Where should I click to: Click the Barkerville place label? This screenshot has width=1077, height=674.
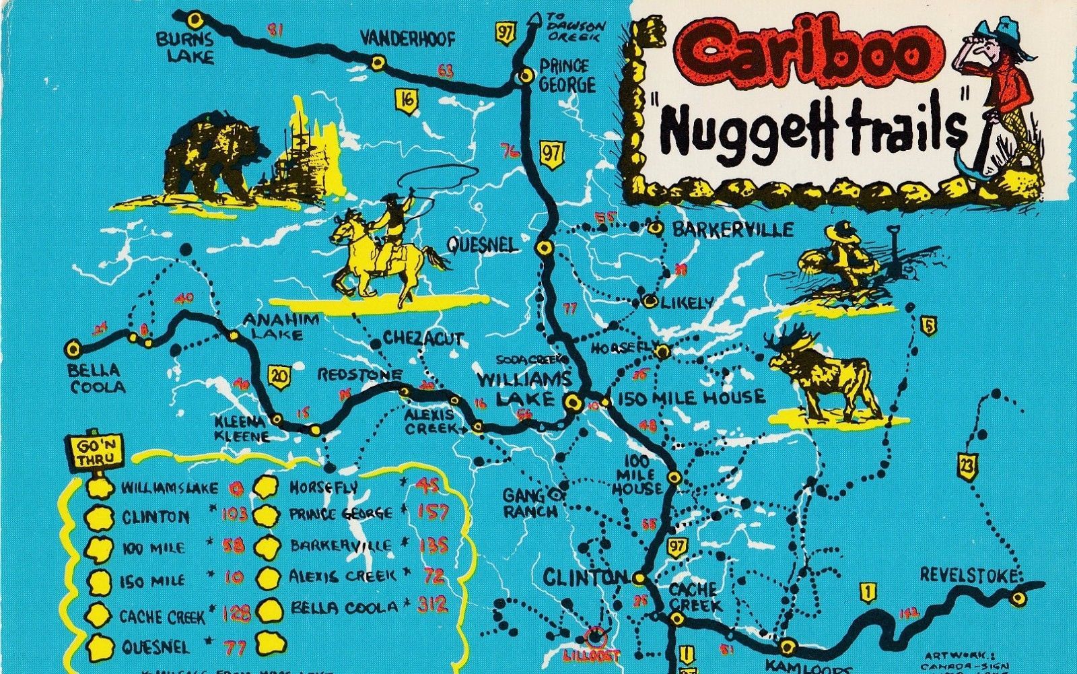coord(732,230)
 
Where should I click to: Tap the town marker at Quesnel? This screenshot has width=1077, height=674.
coord(545,248)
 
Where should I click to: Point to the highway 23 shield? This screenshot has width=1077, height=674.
coord(967,466)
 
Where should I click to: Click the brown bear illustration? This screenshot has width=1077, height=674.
coord(214,160)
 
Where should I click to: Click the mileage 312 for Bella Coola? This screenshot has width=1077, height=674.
coord(431,604)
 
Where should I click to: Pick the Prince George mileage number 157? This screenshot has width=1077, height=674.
coord(433,512)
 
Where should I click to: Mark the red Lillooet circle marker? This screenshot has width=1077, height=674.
coord(595,634)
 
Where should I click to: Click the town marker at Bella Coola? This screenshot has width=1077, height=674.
coord(73,349)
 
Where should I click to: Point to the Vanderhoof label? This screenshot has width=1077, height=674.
coord(407,38)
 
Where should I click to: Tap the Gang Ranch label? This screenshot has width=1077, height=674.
coord(530,503)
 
